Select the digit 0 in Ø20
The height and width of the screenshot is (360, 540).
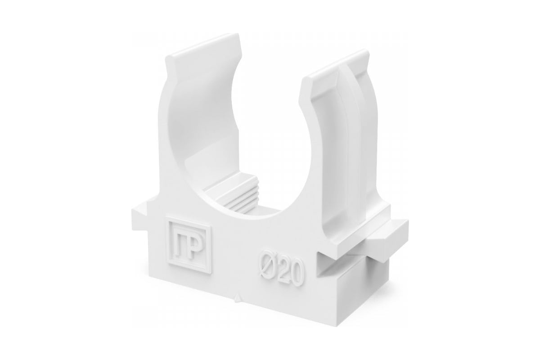click(x=296, y=274)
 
